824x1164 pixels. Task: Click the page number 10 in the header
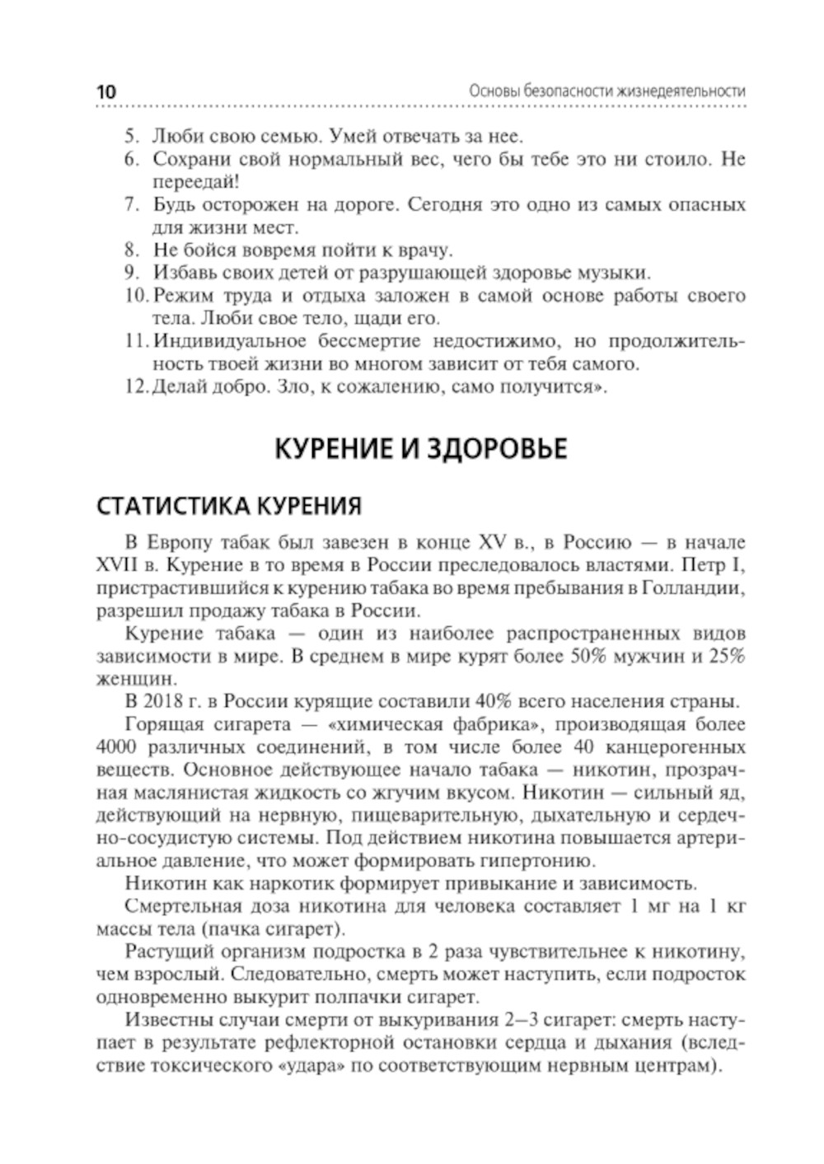[x=107, y=91]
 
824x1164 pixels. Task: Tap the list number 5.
[x=131, y=135]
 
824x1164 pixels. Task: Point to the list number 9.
[x=131, y=273]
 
